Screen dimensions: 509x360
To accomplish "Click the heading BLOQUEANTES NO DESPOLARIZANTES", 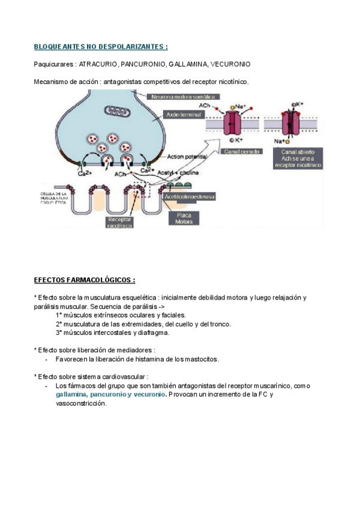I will click(x=101, y=46).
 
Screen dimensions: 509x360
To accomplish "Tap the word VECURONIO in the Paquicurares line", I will click(x=232, y=64).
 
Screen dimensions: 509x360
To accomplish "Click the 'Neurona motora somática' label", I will click(x=183, y=96).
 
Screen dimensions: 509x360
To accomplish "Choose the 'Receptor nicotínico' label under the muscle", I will click(x=121, y=223).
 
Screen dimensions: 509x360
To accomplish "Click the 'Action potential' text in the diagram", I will click(x=187, y=157).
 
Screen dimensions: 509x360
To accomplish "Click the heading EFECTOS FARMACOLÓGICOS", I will click(x=84, y=280).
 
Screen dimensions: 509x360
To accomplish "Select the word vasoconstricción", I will click(x=81, y=403).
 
